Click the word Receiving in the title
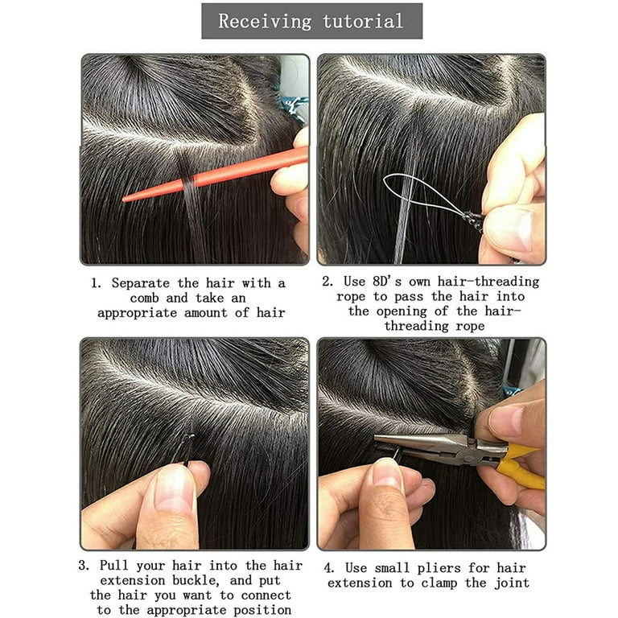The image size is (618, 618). (265, 21)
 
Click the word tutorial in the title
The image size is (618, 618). (363, 20)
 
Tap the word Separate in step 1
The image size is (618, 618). (140, 283)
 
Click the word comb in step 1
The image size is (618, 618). (145, 299)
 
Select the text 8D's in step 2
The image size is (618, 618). (387, 282)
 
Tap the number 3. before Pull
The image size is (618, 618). (84, 566)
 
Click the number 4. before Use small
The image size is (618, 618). (329, 568)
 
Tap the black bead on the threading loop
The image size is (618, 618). (473, 220)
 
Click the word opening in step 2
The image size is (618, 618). (402, 311)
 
